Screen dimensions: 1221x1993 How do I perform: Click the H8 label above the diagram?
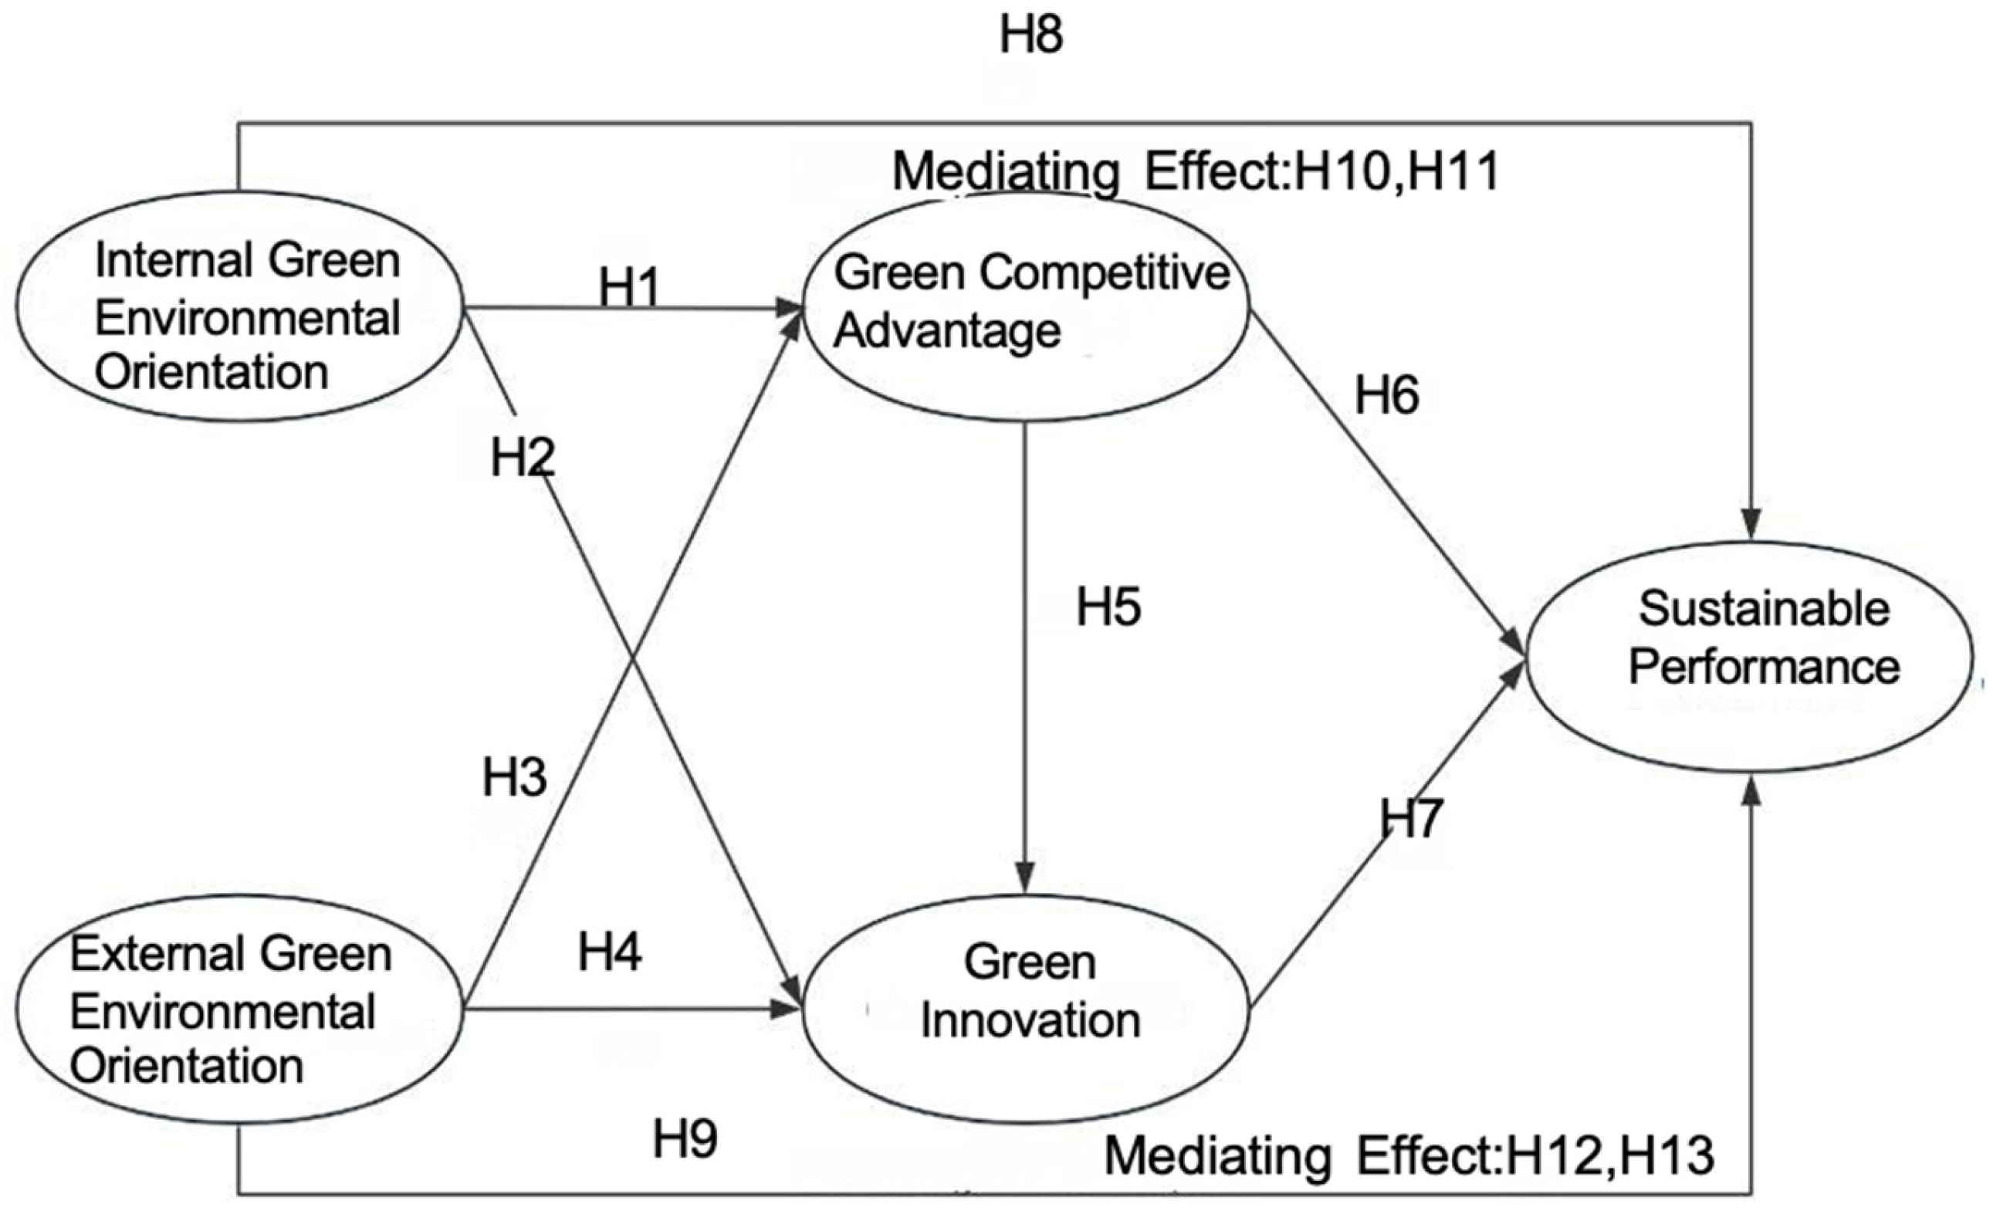1030,36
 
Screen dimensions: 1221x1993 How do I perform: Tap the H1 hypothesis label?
629,287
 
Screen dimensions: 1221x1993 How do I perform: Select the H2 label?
523,458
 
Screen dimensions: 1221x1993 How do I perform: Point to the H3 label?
514,777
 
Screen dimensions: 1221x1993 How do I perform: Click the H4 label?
609,952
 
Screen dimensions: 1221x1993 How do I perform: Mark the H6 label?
1386,396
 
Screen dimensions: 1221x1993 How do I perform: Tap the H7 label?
1411,817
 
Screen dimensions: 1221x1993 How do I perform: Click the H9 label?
685,1138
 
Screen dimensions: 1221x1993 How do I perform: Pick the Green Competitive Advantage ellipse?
1026,307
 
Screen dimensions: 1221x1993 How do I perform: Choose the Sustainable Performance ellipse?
1749,657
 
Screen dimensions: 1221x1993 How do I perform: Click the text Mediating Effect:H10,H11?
1196,171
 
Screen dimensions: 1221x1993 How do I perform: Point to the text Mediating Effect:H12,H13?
1409,1156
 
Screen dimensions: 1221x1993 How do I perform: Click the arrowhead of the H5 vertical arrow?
1025,879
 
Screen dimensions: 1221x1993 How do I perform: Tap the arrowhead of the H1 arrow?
789,308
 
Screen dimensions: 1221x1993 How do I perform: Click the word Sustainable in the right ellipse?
1763,608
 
